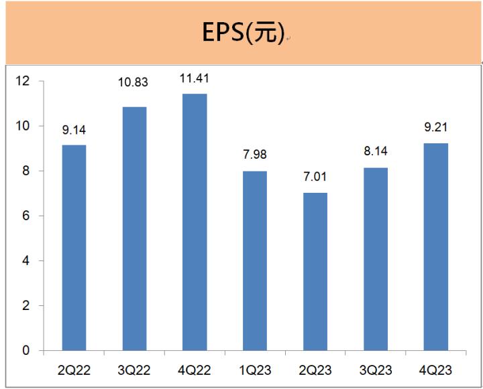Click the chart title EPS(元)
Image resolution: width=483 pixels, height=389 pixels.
(243, 33)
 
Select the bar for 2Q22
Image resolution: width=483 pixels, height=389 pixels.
(74, 248)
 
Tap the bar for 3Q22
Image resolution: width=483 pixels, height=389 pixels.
(134, 228)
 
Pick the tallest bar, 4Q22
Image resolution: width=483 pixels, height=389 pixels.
(195, 222)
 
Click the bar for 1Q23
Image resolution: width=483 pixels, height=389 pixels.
(255, 260)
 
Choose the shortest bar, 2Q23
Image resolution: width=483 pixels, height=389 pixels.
(315, 271)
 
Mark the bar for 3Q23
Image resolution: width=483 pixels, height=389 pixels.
(376, 258)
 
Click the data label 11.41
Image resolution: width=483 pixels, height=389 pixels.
(195, 78)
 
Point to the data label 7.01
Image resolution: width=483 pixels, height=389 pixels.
(315, 177)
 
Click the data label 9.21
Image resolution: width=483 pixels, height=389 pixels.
(436, 128)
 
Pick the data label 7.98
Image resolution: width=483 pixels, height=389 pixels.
(255, 155)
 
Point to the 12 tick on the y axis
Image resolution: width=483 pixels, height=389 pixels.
(25, 81)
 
